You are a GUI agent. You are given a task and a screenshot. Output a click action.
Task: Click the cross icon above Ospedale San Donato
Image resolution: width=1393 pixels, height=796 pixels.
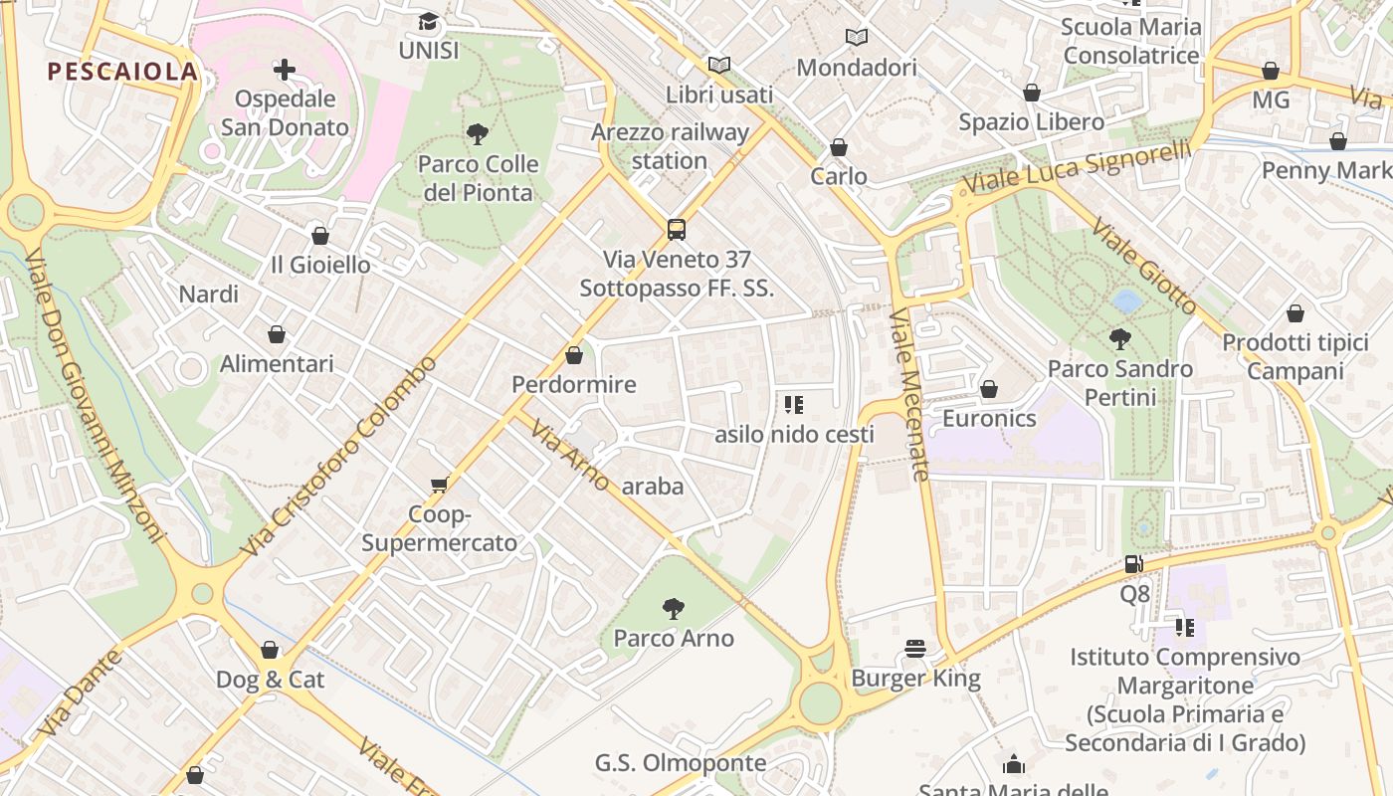click(285, 70)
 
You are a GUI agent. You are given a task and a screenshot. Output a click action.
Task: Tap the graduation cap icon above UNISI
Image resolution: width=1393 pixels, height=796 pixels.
click(428, 21)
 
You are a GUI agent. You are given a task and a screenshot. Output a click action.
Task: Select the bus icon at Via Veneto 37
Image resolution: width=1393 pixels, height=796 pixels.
click(677, 230)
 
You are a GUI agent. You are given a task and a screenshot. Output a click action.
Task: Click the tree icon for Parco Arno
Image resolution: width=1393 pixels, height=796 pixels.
click(674, 608)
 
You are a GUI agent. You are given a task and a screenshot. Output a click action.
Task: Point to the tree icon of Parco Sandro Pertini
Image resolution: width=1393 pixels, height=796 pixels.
click(1120, 339)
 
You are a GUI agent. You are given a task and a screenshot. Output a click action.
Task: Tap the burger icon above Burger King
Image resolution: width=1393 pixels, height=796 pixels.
click(915, 650)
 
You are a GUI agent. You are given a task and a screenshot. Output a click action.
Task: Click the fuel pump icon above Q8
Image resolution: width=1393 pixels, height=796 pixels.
click(1134, 564)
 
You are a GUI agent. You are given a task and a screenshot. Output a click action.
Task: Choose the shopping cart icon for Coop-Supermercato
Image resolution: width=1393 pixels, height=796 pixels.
click(439, 485)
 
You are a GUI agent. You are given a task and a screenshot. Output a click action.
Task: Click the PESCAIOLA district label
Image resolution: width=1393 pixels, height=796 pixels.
click(122, 72)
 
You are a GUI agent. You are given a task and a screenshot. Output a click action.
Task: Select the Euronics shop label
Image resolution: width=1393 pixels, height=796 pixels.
click(989, 418)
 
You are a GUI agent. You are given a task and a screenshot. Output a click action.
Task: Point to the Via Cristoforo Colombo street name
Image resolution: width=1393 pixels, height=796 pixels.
click(339, 457)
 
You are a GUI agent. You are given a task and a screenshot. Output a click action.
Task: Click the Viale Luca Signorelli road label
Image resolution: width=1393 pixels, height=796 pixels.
click(1078, 167)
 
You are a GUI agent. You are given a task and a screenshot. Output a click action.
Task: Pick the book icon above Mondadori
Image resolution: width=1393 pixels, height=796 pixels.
click(856, 38)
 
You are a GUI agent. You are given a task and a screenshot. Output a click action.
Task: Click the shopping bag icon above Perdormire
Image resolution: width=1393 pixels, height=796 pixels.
click(574, 355)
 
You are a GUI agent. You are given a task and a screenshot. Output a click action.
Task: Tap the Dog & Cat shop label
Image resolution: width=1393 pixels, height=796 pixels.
click(271, 680)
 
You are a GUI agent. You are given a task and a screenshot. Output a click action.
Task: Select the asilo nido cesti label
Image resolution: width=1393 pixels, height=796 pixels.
click(794, 435)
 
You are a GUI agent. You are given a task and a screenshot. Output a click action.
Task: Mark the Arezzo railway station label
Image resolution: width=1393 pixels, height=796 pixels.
click(670, 146)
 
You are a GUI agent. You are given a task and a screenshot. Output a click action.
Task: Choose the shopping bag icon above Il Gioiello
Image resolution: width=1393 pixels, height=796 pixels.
click(320, 236)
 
